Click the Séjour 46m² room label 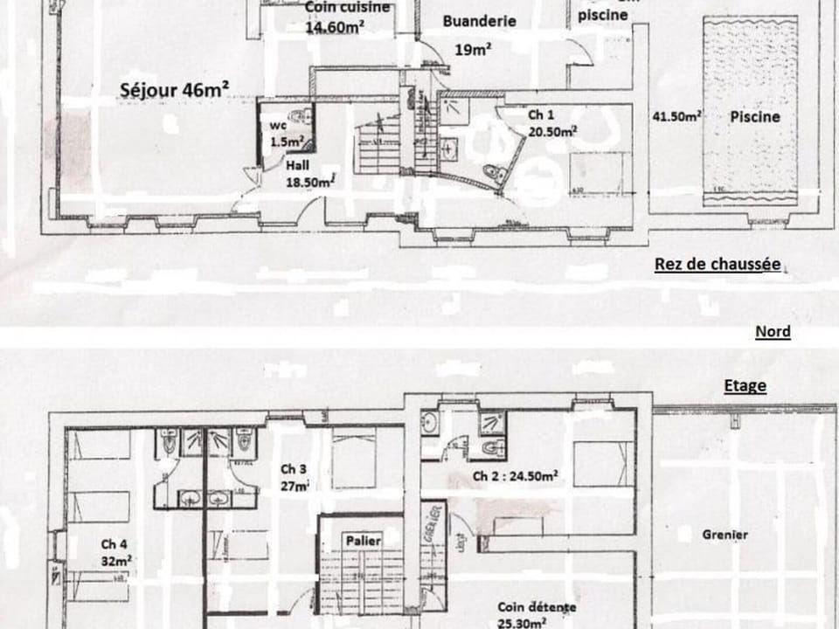click(x=174, y=89)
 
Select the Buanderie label click(x=480, y=21)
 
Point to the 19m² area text click(x=472, y=50)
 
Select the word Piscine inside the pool click(x=756, y=116)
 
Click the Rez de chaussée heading click(x=718, y=265)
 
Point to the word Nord click(x=773, y=331)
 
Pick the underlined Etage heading click(x=745, y=385)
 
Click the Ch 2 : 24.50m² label click(x=516, y=476)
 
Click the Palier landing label click(x=363, y=541)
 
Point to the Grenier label click(x=725, y=534)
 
